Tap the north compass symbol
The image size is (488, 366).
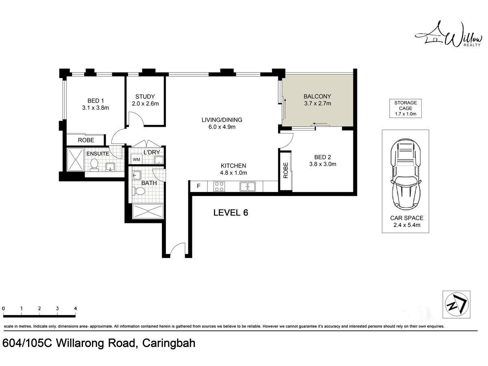pyautogui.click(x=456, y=304)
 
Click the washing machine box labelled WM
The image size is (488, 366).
pyautogui.click(x=136, y=159)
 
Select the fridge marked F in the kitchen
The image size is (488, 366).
pyautogui.click(x=198, y=186)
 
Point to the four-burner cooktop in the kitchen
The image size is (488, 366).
pyautogui.click(x=219, y=186)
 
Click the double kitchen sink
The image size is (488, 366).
pyautogui.click(x=247, y=186)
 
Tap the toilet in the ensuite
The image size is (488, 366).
pyautogui.click(x=94, y=165)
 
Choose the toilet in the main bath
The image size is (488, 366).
pyautogui.click(x=139, y=191)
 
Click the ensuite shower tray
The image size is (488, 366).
pyautogui.click(x=76, y=159)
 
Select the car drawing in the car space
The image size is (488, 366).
pyautogui.click(x=405, y=174)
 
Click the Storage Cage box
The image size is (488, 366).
pyautogui.click(x=405, y=108)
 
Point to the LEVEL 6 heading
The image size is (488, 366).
pyautogui.click(x=231, y=213)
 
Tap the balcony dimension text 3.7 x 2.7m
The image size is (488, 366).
pyautogui.click(x=318, y=103)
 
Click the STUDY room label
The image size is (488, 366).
pyautogui.click(x=145, y=96)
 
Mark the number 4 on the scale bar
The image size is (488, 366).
pyautogui.click(x=76, y=308)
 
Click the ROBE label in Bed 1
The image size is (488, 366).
pyautogui.click(x=86, y=140)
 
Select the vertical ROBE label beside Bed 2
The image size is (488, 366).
pyautogui.click(x=286, y=170)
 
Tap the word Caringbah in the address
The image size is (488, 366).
pyautogui.click(x=169, y=343)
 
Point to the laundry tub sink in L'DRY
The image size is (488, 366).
pyautogui.click(x=159, y=160)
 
